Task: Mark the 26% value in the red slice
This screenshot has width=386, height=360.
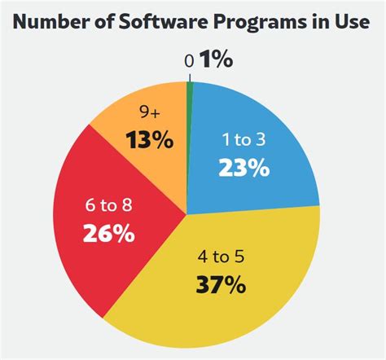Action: point(107,234)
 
